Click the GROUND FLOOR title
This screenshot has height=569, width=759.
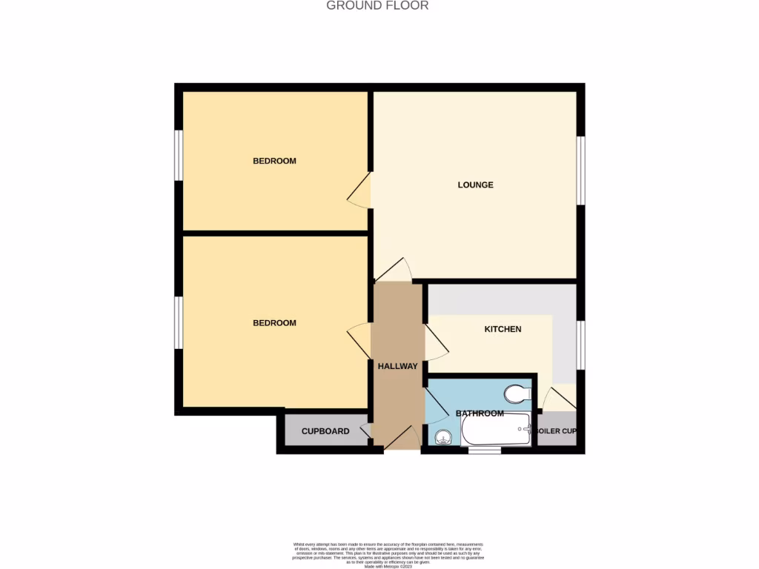click(377, 6)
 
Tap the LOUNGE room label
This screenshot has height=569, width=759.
click(475, 185)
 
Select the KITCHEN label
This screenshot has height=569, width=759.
click(503, 329)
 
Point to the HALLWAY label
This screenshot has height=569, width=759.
click(398, 366)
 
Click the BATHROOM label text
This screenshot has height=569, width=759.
click(480, 413)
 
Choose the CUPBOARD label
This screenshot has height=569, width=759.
click(325, 431)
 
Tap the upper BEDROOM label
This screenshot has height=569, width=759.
click(274, 161)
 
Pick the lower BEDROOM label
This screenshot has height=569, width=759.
click(274, 323)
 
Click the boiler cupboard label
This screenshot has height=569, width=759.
click(557, 431)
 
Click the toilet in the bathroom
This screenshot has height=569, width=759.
click(516, 393)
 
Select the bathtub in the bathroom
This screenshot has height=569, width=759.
click(496, 430)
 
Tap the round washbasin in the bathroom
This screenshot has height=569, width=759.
click(443, 437)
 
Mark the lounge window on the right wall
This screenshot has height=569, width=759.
click(581, 170)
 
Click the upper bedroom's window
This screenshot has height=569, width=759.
click(179, 155)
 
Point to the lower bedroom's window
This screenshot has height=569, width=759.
click(179, 322)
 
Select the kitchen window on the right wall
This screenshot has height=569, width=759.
click(581, 345)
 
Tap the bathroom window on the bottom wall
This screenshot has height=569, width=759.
click(484, 449)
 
